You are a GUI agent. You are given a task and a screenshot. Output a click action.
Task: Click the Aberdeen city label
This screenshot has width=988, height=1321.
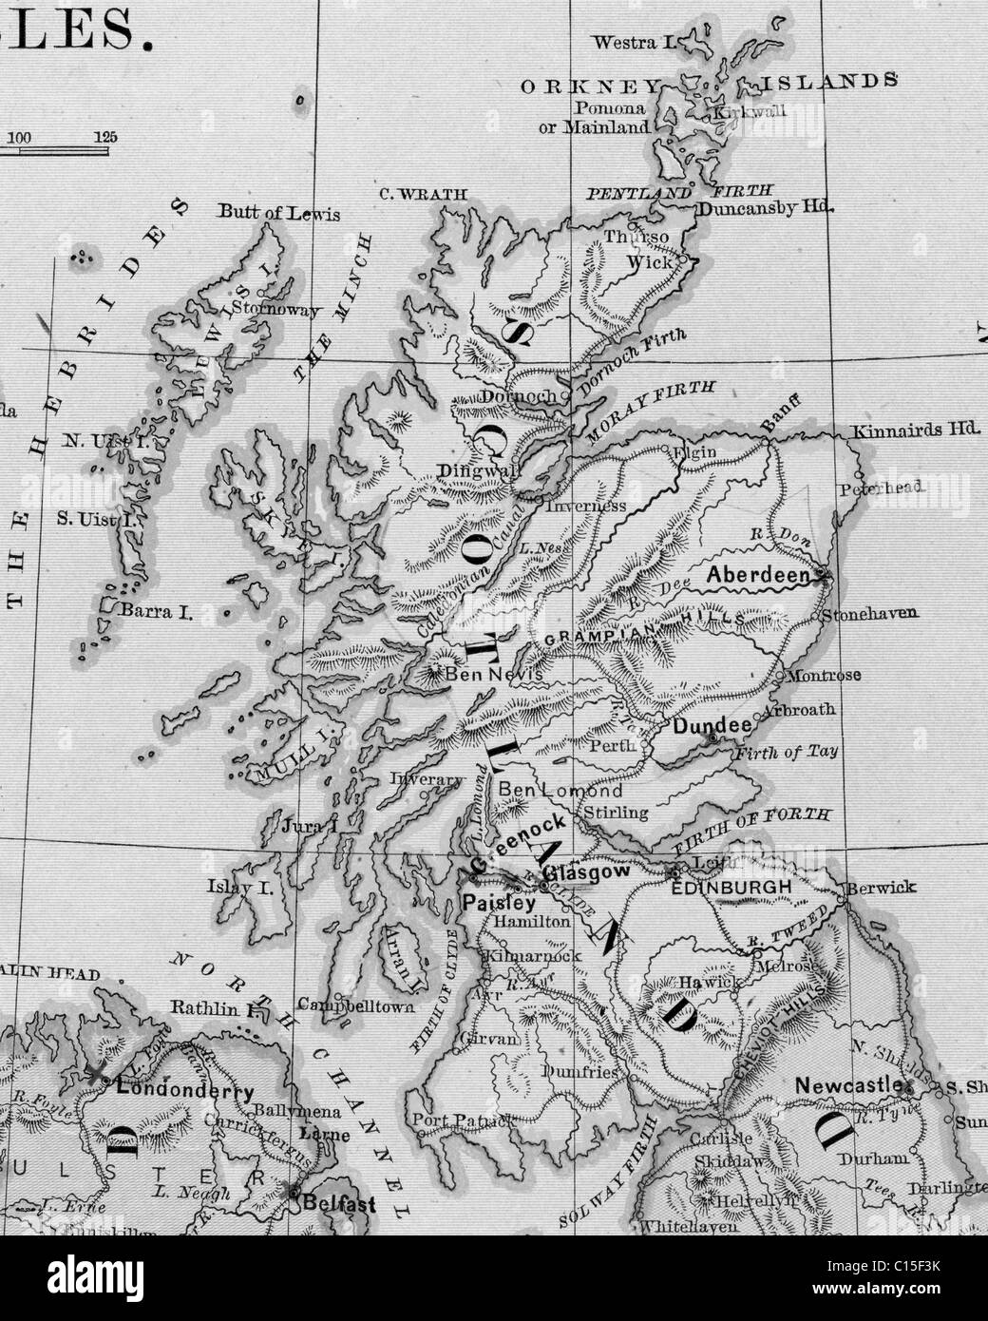coord(758,575)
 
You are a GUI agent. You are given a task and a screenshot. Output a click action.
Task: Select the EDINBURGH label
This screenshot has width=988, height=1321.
coord(731,887)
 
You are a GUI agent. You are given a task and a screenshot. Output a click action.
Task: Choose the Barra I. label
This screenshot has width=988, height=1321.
coord(156,613)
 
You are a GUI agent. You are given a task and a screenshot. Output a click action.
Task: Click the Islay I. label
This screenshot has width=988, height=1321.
coord(240,888)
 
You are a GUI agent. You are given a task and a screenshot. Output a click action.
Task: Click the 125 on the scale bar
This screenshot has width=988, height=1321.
coord(105,137)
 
